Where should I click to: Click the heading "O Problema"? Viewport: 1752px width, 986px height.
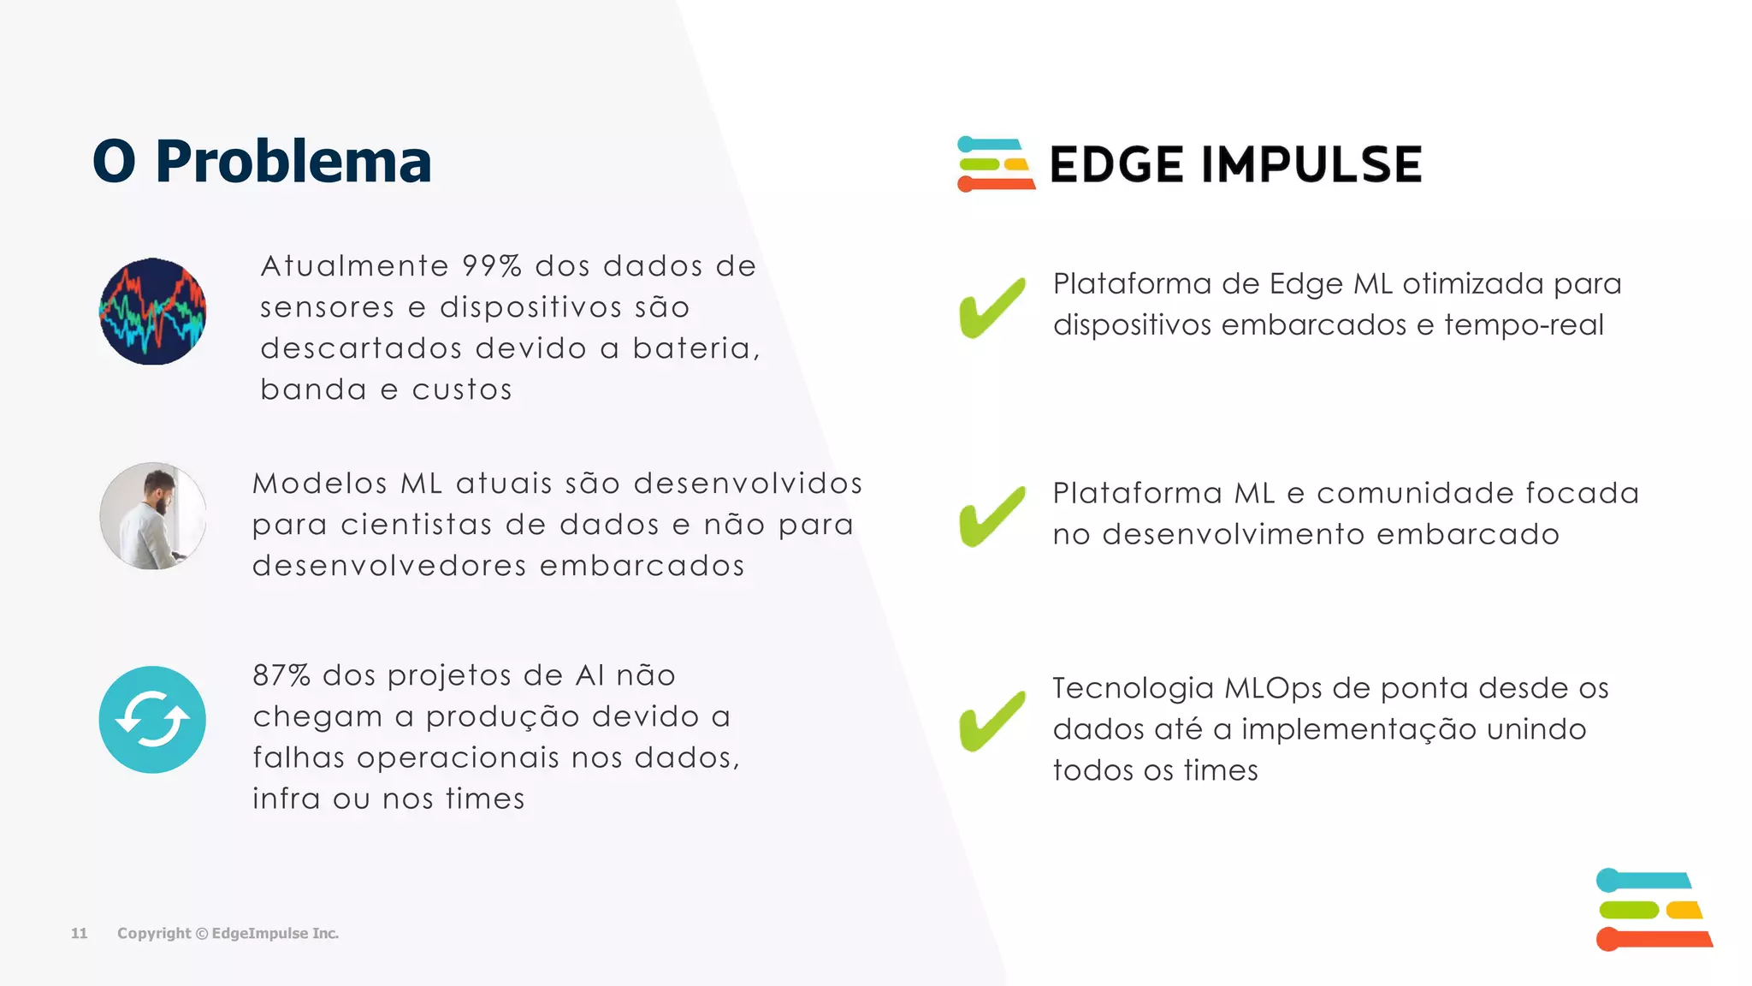click(x=262, y=161)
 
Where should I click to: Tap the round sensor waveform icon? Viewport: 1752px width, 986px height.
click(x=152, y=312)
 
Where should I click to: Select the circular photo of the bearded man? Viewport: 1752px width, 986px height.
click(x=152, y=516)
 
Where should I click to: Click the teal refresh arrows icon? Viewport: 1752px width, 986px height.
click(x=152, y=720)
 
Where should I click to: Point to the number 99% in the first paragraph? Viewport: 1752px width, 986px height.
click(x=492, y=266)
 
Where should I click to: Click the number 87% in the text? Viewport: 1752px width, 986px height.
click(x=281, y=675)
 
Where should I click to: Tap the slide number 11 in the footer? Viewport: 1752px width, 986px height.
click(x=79, y=933)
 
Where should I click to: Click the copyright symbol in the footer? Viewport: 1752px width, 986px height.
click(x=202, y=933)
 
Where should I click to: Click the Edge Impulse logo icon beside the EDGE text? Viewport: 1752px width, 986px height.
click(x=995, y=163)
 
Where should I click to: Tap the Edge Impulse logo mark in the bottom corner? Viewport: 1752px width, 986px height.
click(x=1653, y=909)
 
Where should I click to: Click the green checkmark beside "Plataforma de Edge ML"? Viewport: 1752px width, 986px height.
click(x=992, y=307)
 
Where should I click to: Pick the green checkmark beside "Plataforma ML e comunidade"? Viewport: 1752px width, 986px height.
click(x=992, y=516)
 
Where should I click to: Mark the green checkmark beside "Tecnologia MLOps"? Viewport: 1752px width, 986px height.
click(x=992, y=721)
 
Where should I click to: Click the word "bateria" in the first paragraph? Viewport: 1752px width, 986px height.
click(x=693, y=348)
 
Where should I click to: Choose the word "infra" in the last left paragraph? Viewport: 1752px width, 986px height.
click(x=286, y=799)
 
